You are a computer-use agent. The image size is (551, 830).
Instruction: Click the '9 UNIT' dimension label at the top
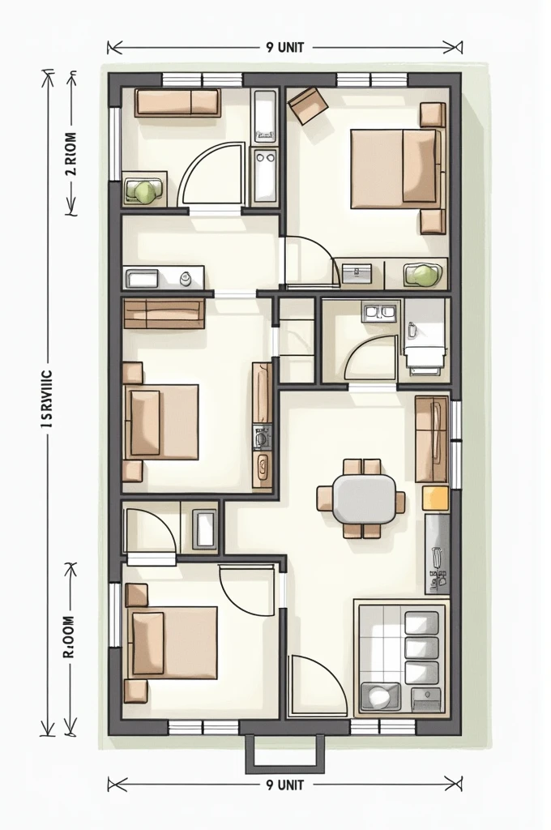pyautogui.click(x=284, y=47)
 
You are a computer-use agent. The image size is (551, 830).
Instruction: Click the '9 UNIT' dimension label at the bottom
pyautogui.click(x=284, y=784)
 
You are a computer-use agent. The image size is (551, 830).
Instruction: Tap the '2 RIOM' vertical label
pyautogui.click(x=70, y=153)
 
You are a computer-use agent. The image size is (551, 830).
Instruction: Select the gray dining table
pyautogui.click(x=363, y=498)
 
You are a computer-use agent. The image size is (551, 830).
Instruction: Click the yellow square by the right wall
pyautogui.click(x=435, y=498)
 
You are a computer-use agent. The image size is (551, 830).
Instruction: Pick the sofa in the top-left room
pyautogui.click(x=177, y=103)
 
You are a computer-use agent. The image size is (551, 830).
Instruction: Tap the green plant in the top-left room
pyautogui.click(x=145, y=191)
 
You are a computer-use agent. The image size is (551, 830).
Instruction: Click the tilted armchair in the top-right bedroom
pyautogui.click(x=308, y=105)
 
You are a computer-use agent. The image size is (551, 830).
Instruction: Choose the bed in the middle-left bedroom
pyautogui.click(x=163, y=421)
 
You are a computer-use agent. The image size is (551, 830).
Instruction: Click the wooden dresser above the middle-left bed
pyautogui.click(x=164, y=314)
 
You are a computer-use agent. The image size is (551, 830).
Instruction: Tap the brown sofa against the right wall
pyautogui.click(x=431, y=439)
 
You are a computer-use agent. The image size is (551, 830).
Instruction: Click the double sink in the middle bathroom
pyautogui.click(x=380, y=311)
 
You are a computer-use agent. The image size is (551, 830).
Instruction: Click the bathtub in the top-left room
pyautogui.click(x=265, y=115)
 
